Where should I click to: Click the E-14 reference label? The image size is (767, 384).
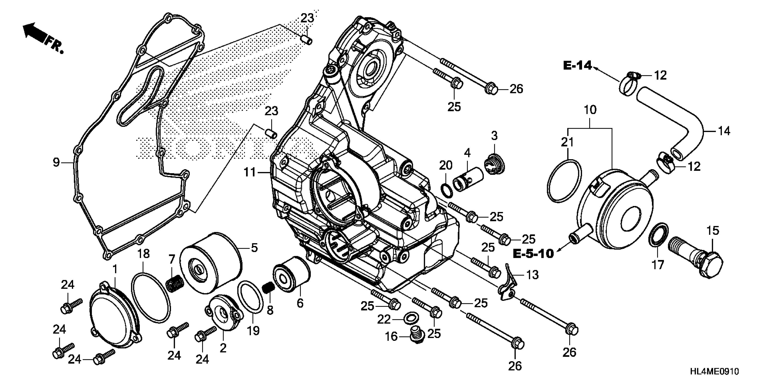click(577, 66)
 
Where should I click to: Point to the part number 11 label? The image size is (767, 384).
click(250, 172)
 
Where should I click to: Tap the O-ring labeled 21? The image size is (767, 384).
click(564, 181)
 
